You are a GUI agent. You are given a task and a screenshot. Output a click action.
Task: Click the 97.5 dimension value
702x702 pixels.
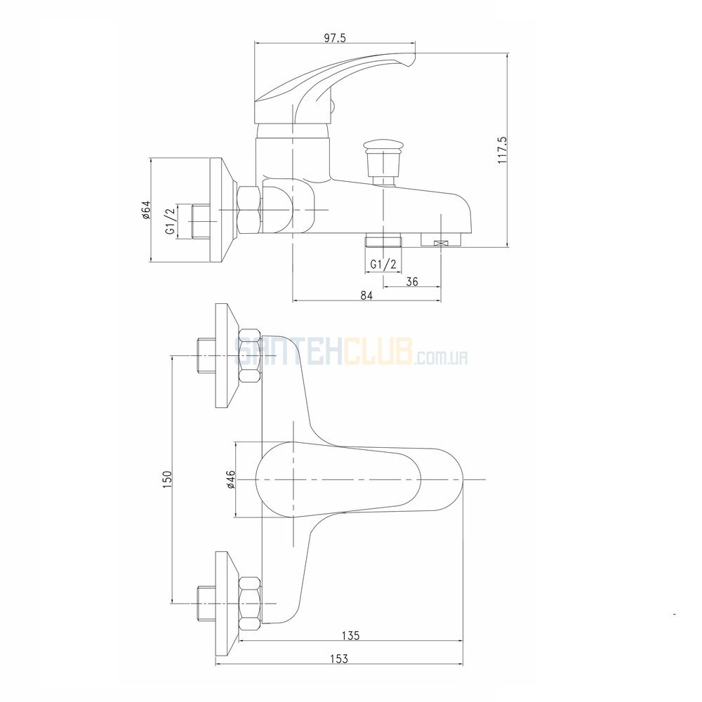pos(334,38)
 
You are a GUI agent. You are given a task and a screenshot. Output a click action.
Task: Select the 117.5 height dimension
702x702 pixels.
pos(502,150)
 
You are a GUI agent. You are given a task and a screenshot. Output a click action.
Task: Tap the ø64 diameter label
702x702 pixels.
pos(146,209)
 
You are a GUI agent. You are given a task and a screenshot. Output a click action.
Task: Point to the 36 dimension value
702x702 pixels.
pos(412,282)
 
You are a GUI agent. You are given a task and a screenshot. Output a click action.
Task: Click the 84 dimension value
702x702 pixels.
pos(366,296)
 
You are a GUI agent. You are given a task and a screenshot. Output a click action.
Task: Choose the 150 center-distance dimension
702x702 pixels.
pos(167,479)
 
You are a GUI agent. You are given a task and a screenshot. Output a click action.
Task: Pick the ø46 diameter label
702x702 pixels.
pos(231,479)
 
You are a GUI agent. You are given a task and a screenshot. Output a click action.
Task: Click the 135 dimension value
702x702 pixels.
pos(351,635)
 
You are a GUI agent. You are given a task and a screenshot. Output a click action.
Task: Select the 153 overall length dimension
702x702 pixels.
pos(339,658)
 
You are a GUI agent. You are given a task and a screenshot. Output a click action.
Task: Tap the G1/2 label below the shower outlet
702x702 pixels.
pos(384,265)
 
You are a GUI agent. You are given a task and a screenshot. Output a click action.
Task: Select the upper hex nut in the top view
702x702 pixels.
pos(250,356)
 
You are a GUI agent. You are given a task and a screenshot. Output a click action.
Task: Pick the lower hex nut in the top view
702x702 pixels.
pos(250,604)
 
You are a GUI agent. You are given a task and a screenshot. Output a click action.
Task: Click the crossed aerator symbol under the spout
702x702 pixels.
pos(441,243)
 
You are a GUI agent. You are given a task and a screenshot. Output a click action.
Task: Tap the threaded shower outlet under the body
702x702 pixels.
pos(384,240)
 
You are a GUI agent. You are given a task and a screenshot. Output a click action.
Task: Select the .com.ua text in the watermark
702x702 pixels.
pos(442,358)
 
